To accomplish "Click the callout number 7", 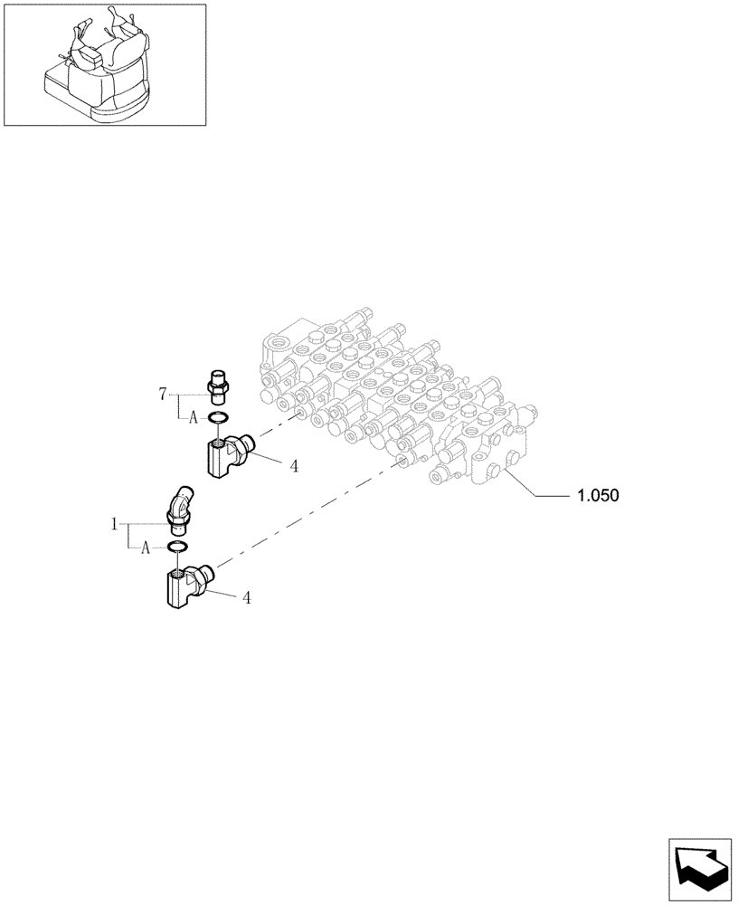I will tap(163, 393).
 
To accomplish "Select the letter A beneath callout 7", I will tap(193, 417).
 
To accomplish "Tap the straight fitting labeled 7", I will tap(218, 386).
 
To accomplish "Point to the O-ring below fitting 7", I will tap(218, 417).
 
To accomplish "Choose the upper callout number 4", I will tap(294, 466).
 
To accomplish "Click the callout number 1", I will tap(115, 523).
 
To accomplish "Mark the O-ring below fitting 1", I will tap(177, 547).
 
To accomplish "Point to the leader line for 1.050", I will tap(543, 494).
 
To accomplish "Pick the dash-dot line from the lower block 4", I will tap(307, 515).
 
